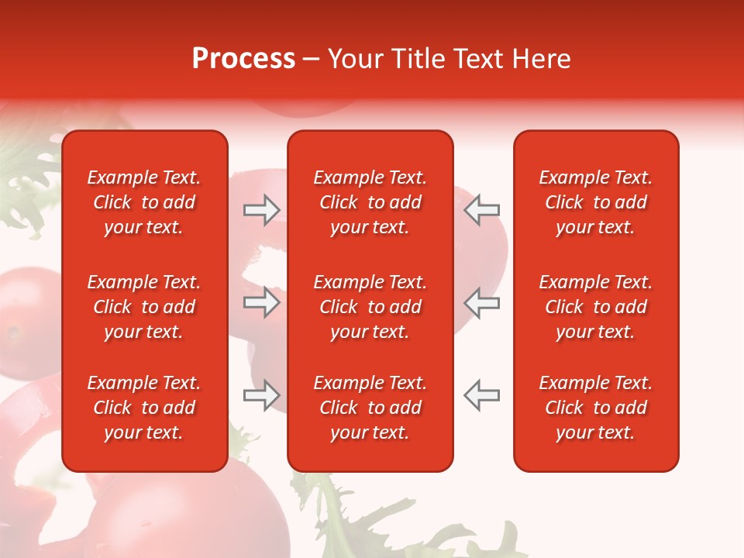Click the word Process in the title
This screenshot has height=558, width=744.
pyautogui.click(x=243, y=59)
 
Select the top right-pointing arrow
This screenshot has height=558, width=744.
pyautogui.click(x=262, y=209)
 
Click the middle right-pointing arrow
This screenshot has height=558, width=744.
pyautogui.click(x=262, y=302)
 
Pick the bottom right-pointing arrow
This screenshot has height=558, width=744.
pyautogui.click(x=262, y=395)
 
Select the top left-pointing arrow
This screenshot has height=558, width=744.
pyautogui.click(x=481, y=209)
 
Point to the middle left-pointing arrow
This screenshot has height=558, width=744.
pyautogui.click(x=481, y=302)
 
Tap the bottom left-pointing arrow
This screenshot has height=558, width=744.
pyautogui.click(x=481, y=395)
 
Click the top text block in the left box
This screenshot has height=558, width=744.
pyautogui.click(x=144, y=202)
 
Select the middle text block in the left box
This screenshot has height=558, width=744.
pyautogui.click(x=144, y=307)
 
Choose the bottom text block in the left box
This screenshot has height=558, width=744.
pyautogui.click(x=144, y=408)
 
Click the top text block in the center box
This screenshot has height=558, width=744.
pyautogui.click(x=370, y=202)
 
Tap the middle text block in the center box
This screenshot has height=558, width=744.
pyautogui.click(x=370, y=307)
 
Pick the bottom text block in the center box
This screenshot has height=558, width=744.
pyautogui.click(x=370, y=408)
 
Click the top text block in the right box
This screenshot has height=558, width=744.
pyautogui.click(x=596, y=202)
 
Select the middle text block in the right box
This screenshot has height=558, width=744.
pyautogui.click(x=596, y=307)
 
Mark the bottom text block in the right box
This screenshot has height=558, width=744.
pyautogui.click(x=596, y=408)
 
